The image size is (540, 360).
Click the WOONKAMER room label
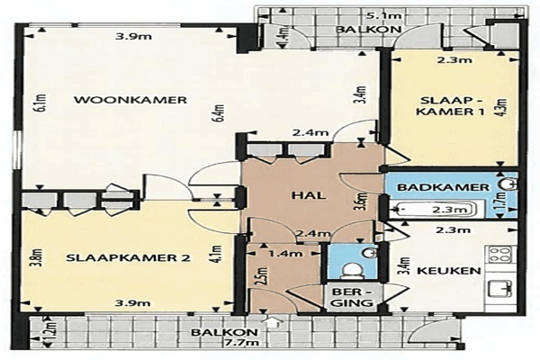pyautogui.click(x=130, y=100)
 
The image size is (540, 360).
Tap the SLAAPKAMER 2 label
pyautogui.click(x=128, y=258)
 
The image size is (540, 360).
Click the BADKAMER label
pyautogui.click(x=443, y=187)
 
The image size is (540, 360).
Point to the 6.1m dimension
pyautogui.click(x=41, y=103)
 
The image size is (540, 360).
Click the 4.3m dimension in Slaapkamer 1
pyautogui.click(x=502, y=107)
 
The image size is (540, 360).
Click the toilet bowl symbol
pyautogui.click(x=352, y=270)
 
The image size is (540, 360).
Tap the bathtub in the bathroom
pyautogui.click(x=436, y=209)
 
